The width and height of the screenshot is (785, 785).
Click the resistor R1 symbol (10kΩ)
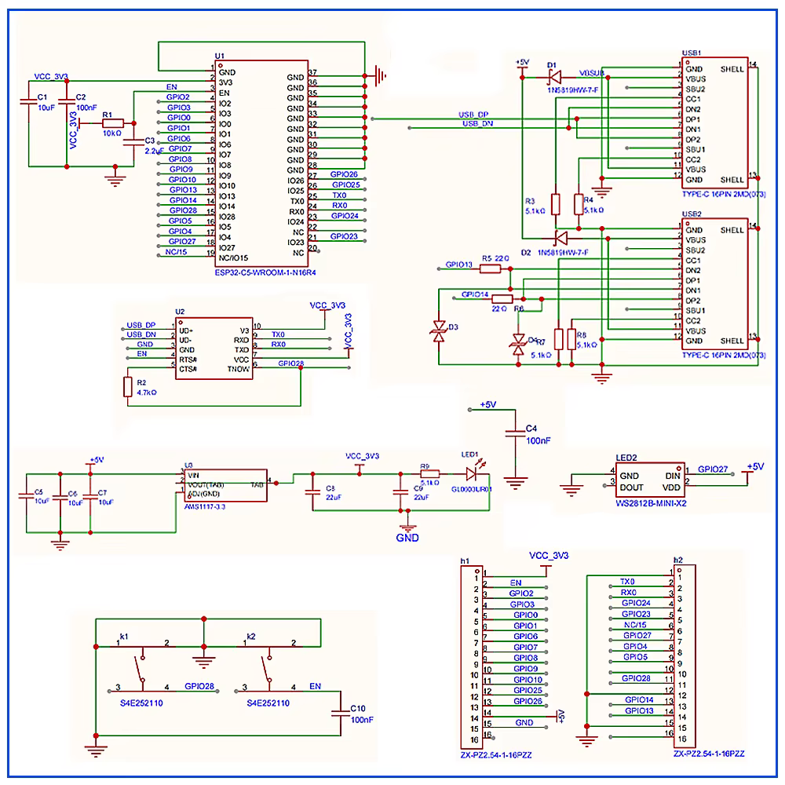pyautogui.click(x=112, y=123)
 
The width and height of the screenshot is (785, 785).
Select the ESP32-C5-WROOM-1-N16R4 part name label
pyautogui.click(x=270, y=272)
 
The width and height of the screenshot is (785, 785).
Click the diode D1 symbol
pyautogui.click(x=554, y=77)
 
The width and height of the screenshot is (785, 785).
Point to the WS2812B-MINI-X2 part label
pyautogui.click(x=651, y=503)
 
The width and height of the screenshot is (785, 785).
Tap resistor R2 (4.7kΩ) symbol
pyautogui.click(x=128, y=387)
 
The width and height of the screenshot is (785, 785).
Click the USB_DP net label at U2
pyautogui.click(x=141, y=325)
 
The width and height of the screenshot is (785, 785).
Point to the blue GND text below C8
pyautogui.click(x=407, y=539)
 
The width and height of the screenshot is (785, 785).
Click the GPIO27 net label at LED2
pyautogui.click(x=713, y=469)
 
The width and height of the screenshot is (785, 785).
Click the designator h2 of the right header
pyautogui.click(x=678, y=560)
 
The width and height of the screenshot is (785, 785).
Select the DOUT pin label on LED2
pyautogui.click(x=632, y=487)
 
